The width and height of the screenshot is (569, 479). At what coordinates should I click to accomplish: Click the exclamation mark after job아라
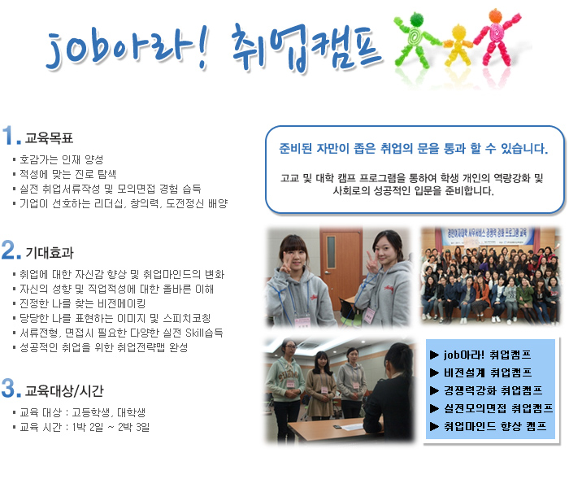tap(202, 47)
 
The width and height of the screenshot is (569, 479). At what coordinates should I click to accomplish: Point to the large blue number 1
tap(8, 135)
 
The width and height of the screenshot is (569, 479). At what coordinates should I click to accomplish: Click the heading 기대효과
tap(50, 253)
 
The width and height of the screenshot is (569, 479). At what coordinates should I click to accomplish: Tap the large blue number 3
tap(8, 387)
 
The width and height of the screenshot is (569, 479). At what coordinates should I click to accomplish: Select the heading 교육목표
tap(49, 138)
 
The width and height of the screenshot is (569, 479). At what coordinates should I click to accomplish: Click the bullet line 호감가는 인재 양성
tap(61, 159)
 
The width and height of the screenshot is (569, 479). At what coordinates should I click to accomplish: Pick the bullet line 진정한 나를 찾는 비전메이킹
tap(82, 303)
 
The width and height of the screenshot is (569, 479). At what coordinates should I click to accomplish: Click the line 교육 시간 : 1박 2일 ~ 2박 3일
tap(85, 427)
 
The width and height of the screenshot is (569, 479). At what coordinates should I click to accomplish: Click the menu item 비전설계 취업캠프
tap(488, 372)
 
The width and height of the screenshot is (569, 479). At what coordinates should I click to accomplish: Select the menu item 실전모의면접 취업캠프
tap(498, 408)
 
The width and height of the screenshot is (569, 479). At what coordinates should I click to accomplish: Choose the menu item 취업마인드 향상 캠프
tap(495, 426)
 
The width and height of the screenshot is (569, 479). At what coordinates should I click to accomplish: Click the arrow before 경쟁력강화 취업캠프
tap(434, 390)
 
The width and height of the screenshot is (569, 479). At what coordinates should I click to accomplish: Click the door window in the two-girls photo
tap(331, 251)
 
